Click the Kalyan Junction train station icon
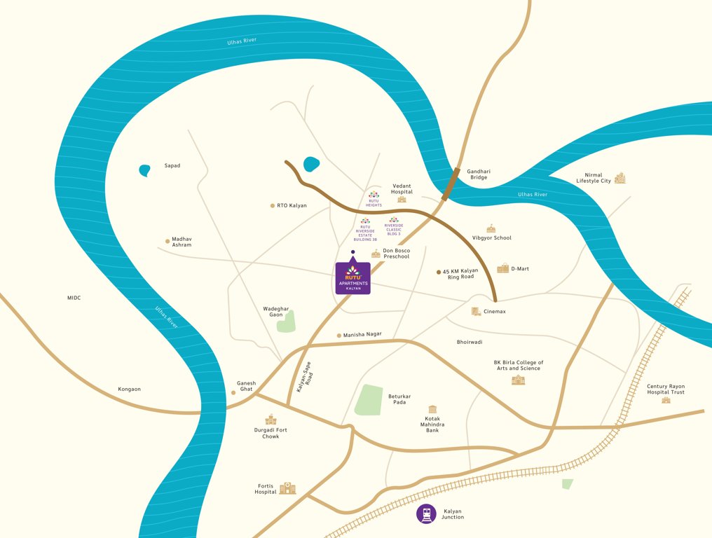tap(426, 513)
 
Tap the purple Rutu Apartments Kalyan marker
tap(352, 277)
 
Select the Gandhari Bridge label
tap(478, 174)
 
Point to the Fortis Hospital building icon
tap(287, 488)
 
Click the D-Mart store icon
tap(502, 268)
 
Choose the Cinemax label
tap(495, 311)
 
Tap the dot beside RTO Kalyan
tap(272, 206)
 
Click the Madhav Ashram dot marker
tap(167, 242)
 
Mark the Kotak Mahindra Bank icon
tap(432, 409)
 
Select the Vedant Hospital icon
tap(402, 200)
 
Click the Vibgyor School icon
tap(491, 228)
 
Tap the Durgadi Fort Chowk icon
tap(269, 420)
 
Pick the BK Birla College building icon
tap(518, 380)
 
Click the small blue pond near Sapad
tap(144, 170)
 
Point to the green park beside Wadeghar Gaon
tap(286, 321)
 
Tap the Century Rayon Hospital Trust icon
tap(666, 400)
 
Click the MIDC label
tap(74, 298)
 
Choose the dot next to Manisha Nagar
tap(339, 336)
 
